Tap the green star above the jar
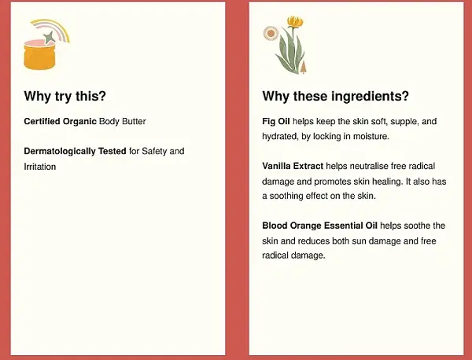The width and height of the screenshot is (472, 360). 50,36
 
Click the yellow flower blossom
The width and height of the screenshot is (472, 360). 295,22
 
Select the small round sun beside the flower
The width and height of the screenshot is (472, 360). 271,34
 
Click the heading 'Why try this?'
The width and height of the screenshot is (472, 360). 65,97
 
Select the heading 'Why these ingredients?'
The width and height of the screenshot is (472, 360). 335,97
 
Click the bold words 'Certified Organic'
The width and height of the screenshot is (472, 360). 60,121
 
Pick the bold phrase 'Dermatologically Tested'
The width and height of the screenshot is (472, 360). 75,151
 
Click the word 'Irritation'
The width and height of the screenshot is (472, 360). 40,167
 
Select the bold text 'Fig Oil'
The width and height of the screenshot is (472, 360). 275,121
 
